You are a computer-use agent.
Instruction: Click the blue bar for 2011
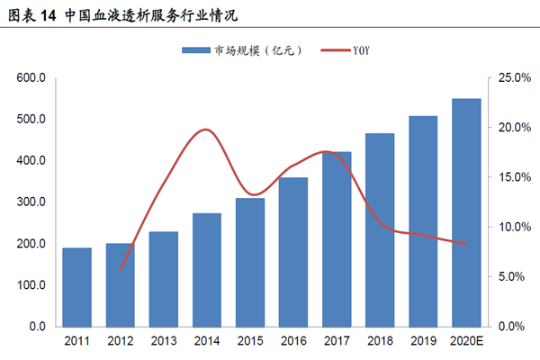(76, 286)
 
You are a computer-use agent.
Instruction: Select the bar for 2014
(207, 269)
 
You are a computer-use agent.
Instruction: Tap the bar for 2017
(337, 238)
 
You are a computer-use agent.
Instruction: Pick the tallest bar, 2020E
(465, 212)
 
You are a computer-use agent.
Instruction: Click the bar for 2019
(423, 220)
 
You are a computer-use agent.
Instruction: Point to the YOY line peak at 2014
(206, 130)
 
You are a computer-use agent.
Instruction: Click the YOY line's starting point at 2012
(121, 269)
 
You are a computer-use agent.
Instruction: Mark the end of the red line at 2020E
(466, 244)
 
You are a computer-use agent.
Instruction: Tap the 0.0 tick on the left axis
(37, 326)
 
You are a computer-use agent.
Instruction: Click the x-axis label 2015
(249, 342)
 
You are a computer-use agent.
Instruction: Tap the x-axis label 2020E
(466, 342)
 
